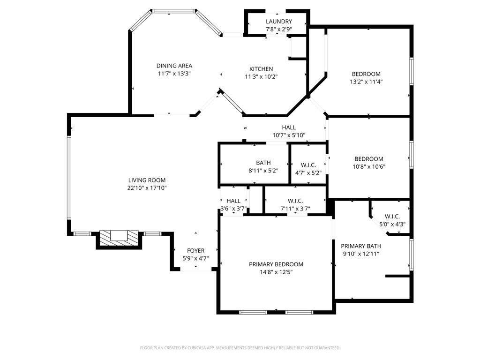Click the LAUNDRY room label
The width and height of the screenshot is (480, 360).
(x=279, y=22)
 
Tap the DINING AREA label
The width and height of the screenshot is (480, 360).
(x=174, y=66)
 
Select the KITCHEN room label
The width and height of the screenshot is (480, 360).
(x=261, y=69)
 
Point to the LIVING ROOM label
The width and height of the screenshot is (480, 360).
(x=147, y=180)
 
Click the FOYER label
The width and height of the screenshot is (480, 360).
(x=195, y=251)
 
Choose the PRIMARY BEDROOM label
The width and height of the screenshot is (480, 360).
(x=276, y=264)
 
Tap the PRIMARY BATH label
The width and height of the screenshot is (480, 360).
(x=361, y=246)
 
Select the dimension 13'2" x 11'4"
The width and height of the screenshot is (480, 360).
(x=366, y=82)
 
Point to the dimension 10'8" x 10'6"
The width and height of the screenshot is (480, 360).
(x=368, y=166)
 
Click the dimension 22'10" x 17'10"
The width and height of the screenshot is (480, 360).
(x=147, y=188)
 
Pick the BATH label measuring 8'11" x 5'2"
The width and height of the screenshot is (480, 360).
(x=263, y=163)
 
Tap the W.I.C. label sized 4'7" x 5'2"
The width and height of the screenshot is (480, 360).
(x=308, y=165)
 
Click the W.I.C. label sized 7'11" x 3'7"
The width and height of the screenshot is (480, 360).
(x=295, y=201)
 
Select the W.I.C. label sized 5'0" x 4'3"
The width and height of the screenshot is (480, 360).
(x=392, y=217)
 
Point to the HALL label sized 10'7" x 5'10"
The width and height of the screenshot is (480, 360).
(x=289, y=127)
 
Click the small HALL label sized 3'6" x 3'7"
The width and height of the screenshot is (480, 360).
(x=233, y=201)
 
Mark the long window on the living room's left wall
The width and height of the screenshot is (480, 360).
(x=68, y=178)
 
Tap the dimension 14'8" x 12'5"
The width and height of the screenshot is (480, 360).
(x=276, y=272)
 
